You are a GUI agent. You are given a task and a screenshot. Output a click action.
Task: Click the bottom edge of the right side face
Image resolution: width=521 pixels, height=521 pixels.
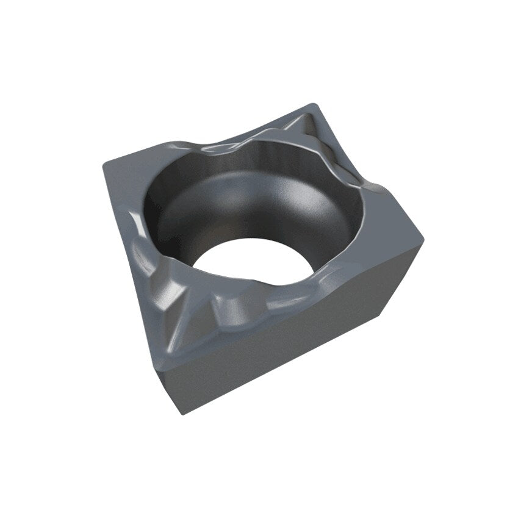coord(287,366)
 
